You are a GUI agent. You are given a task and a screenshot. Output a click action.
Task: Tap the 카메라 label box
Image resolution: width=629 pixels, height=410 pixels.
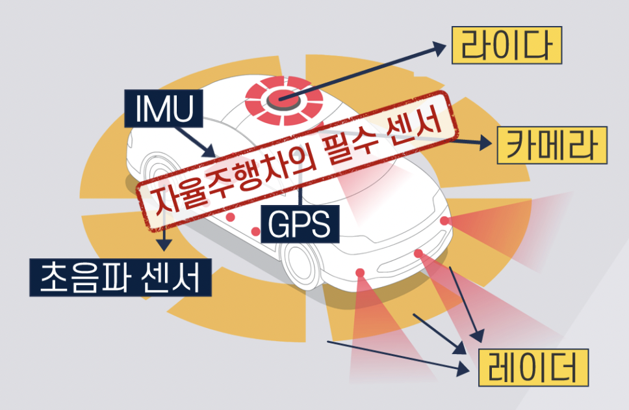point(552,144)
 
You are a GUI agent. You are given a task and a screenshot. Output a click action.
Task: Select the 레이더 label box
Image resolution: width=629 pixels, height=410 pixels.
point(533,367)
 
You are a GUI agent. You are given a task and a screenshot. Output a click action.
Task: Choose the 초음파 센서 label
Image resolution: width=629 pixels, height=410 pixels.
point(121,277)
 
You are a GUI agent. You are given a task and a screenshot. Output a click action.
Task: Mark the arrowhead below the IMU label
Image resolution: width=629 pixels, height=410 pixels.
point(209,152)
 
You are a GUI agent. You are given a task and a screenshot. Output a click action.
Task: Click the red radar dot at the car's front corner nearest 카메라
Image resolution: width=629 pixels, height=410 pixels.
point(444,221)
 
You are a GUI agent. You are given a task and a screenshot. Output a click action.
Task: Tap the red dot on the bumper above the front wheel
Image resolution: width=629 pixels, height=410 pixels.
point(359,271)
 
